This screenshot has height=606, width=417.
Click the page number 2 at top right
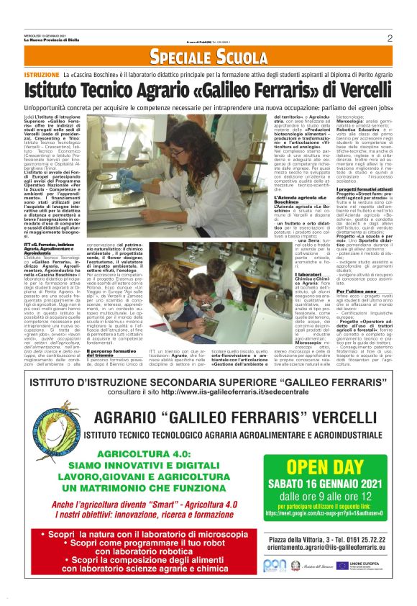pos(389,38)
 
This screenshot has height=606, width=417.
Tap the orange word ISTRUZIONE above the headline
pos(41,75)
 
